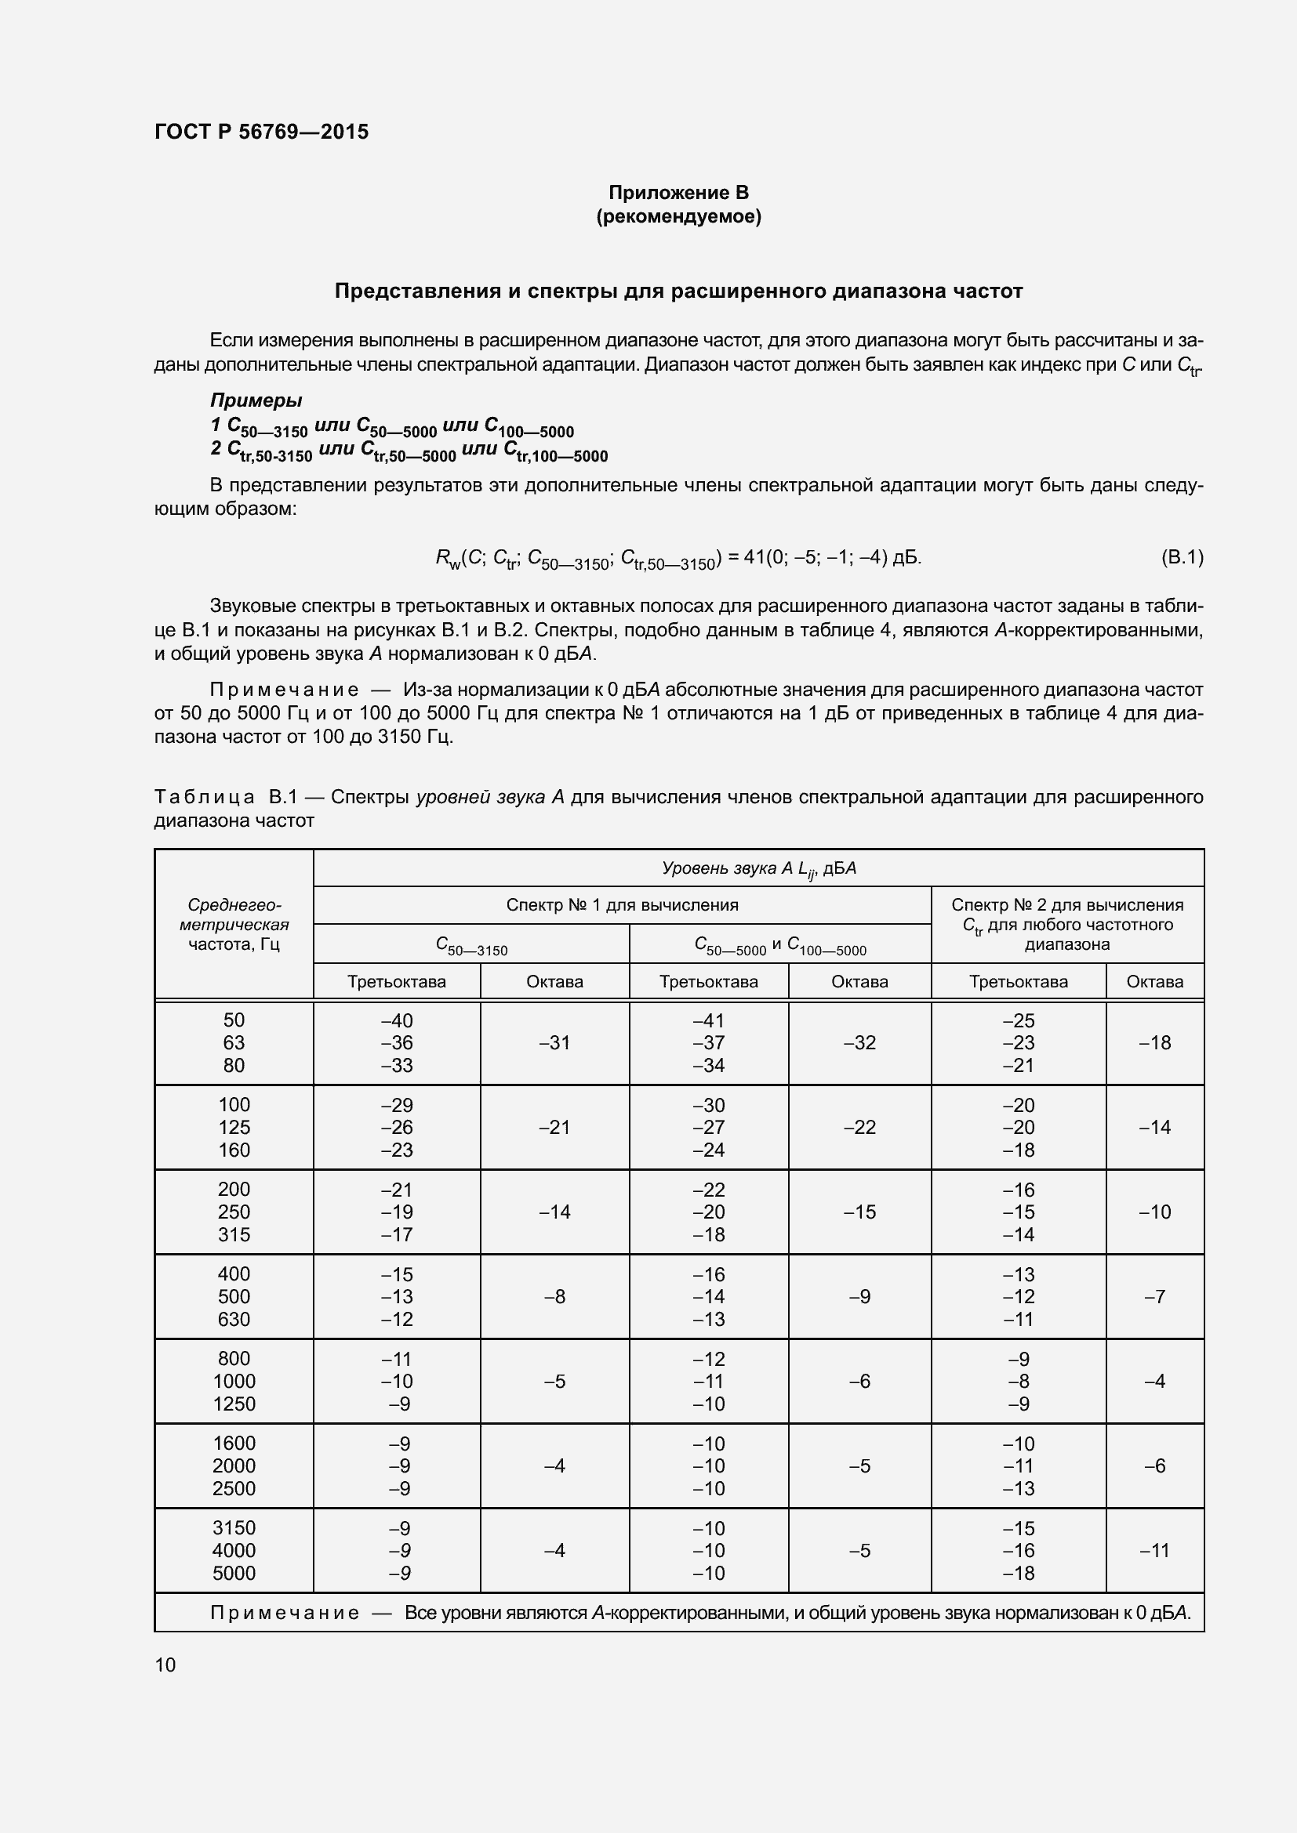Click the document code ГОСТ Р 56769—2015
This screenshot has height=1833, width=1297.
[261, 132]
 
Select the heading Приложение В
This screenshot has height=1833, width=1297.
[678, 193]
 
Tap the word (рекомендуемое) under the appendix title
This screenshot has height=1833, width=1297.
[678, 216]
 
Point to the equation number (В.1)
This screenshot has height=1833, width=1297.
[1181, 557]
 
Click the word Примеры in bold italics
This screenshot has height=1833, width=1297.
[256, 400]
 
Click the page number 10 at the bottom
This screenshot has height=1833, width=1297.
[165, 1665]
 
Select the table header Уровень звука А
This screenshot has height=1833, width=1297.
[758, 868]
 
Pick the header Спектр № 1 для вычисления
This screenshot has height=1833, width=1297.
[621, 905]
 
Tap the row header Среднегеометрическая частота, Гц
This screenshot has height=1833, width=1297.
[233, 925]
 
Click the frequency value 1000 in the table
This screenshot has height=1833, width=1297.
[233, 1381]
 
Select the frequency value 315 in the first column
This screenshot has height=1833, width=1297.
[233, 1234]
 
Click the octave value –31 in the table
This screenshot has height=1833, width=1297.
[554, 1042]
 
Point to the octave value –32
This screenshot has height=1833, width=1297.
[859, 1042]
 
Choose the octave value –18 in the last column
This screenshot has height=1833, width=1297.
[1154, 1042]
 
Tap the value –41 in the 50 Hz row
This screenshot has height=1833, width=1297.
[707, 1020]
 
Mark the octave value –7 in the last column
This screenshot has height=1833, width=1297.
[1154, 1296]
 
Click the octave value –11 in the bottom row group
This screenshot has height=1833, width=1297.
[1154, 1550]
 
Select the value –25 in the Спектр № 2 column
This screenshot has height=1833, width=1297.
[1019, 1020]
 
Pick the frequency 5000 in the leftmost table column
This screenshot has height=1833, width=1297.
[233, 1573]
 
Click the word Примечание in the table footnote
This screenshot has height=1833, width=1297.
[285, 1613]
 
